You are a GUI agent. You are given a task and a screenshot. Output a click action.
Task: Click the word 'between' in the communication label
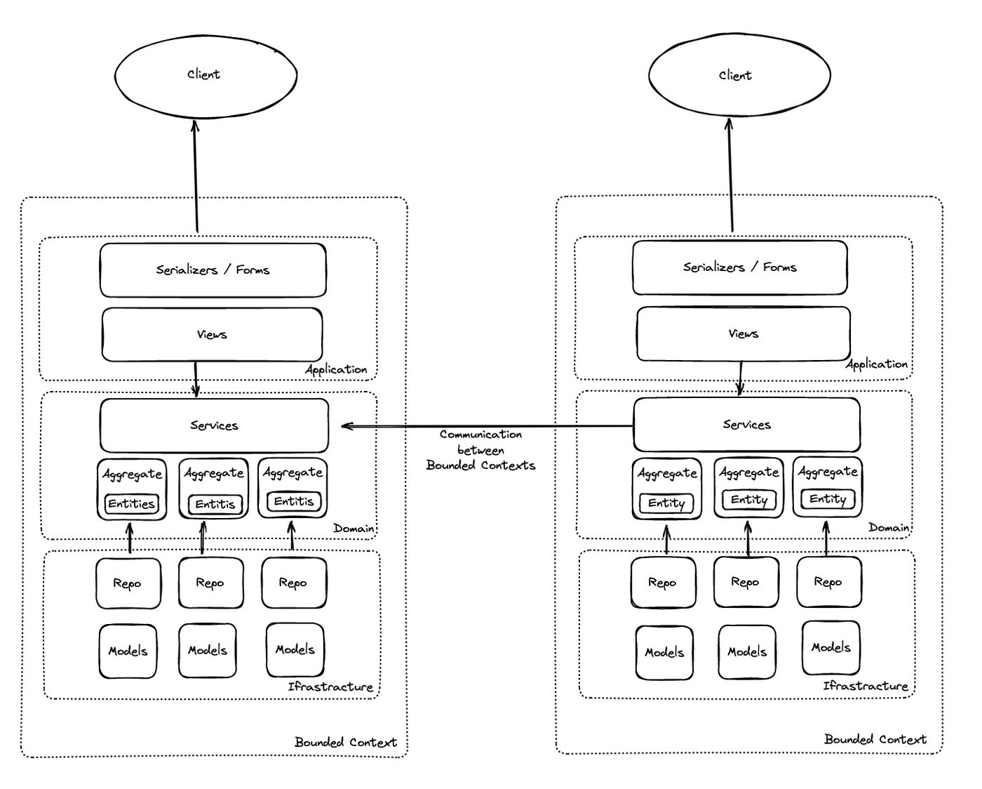coord(480,450)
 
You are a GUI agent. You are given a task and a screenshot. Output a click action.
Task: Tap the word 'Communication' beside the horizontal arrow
coord(480,435)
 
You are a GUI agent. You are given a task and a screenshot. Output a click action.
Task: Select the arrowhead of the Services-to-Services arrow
coord(347,426)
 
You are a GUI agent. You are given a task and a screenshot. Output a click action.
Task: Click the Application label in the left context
coord(336,369)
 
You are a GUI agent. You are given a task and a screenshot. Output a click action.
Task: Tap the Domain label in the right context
coord(889,527)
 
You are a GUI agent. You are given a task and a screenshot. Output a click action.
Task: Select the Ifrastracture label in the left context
coord(330,687)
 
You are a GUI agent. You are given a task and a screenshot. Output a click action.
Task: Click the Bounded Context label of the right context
coord(875,739)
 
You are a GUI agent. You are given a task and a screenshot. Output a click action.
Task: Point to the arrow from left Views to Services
coord(196,380)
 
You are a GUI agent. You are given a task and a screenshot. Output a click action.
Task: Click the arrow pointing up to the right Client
coord(731,175)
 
